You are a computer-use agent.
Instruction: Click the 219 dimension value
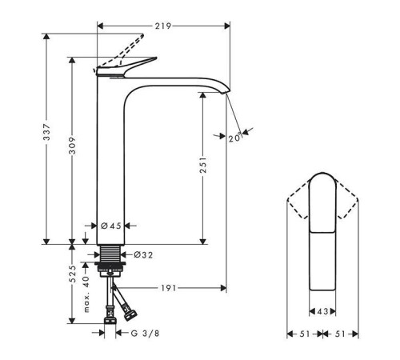coord(162,26)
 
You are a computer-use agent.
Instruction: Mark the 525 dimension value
coord(72,275)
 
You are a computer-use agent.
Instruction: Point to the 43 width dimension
coord(322,311)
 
